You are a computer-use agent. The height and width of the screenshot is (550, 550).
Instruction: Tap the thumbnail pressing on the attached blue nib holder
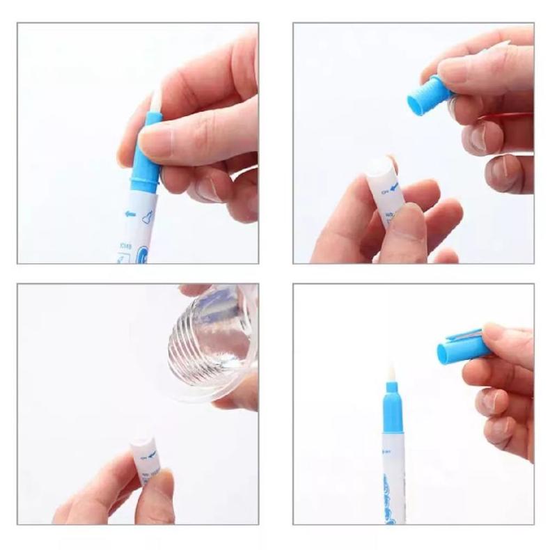[x=155, y=142]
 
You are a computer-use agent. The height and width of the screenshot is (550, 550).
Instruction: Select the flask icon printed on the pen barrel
[x=147, y=217]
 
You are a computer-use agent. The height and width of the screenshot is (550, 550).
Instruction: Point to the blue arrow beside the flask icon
[x=130, y=214]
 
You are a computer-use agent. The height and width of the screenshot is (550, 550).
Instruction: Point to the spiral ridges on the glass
[x=202, y=341]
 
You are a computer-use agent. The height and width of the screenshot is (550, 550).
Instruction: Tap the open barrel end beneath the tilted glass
[x=142, y=443]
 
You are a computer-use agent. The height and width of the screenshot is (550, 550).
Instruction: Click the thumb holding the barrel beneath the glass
[x=157, y=496]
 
